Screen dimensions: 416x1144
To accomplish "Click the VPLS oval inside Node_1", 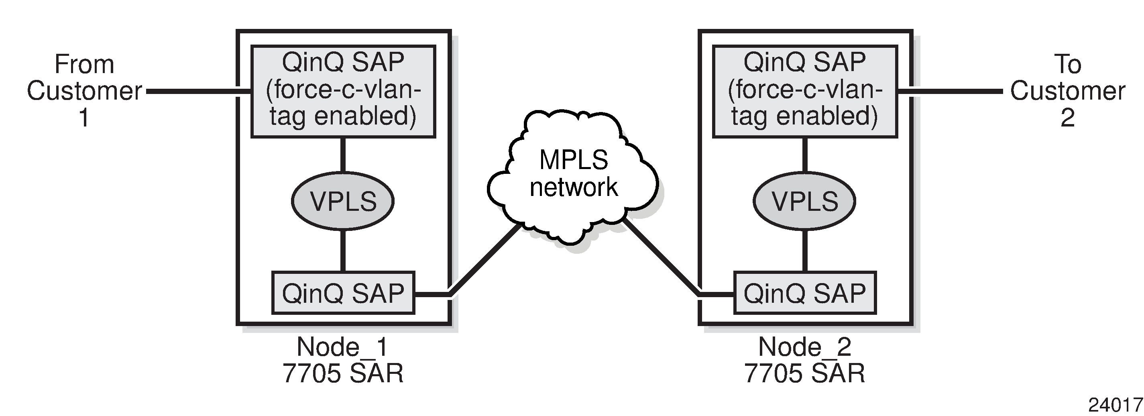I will [343, 201].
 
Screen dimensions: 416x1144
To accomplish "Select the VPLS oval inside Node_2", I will [804, 201].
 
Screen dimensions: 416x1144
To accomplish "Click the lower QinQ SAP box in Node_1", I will [343, 293].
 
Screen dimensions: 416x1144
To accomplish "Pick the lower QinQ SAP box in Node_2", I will [804, 293].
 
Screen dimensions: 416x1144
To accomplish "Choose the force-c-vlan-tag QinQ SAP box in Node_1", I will [343, 91].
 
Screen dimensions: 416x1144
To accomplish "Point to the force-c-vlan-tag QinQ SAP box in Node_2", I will [804, 91].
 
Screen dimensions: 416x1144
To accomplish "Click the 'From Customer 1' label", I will [84, 91].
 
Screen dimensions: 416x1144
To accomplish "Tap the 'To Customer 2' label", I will [1067, 91].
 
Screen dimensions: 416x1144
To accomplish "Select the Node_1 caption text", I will [342, 347].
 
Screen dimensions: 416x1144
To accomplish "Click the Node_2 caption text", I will [804, 347].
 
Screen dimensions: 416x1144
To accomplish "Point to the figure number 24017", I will [1115, 405].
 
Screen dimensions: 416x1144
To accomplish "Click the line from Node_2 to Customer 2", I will [951, 92].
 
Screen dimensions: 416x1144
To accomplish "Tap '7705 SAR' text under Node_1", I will [343, 373].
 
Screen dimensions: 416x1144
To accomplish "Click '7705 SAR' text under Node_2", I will [804, 373].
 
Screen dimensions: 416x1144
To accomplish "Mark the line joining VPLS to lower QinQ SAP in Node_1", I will [343, 250].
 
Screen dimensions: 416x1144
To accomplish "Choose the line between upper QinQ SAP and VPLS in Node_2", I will [805, 155].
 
